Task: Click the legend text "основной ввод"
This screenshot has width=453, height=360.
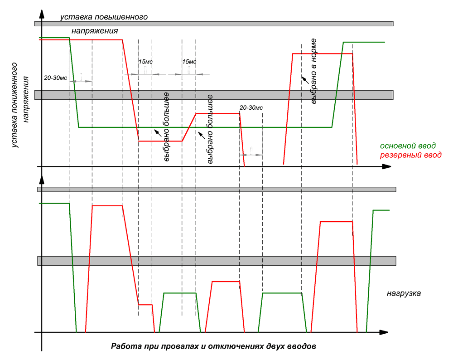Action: pos(408,146)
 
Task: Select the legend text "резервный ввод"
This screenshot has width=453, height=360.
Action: pos(410,155)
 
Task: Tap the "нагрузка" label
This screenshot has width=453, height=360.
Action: pos(404,293)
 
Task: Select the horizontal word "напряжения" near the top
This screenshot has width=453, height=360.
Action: pos(95,31)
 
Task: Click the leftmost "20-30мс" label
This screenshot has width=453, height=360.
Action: pos(55,78)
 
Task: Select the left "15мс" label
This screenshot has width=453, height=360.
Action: pos(145,62)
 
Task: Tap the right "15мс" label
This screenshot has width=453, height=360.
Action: pos(189,62)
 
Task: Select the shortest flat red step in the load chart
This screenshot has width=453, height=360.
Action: pos(145,305)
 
